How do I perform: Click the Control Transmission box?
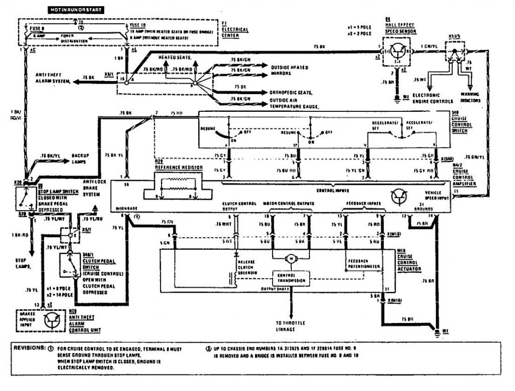click(290, 278)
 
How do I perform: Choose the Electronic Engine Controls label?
click(426, 97)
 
